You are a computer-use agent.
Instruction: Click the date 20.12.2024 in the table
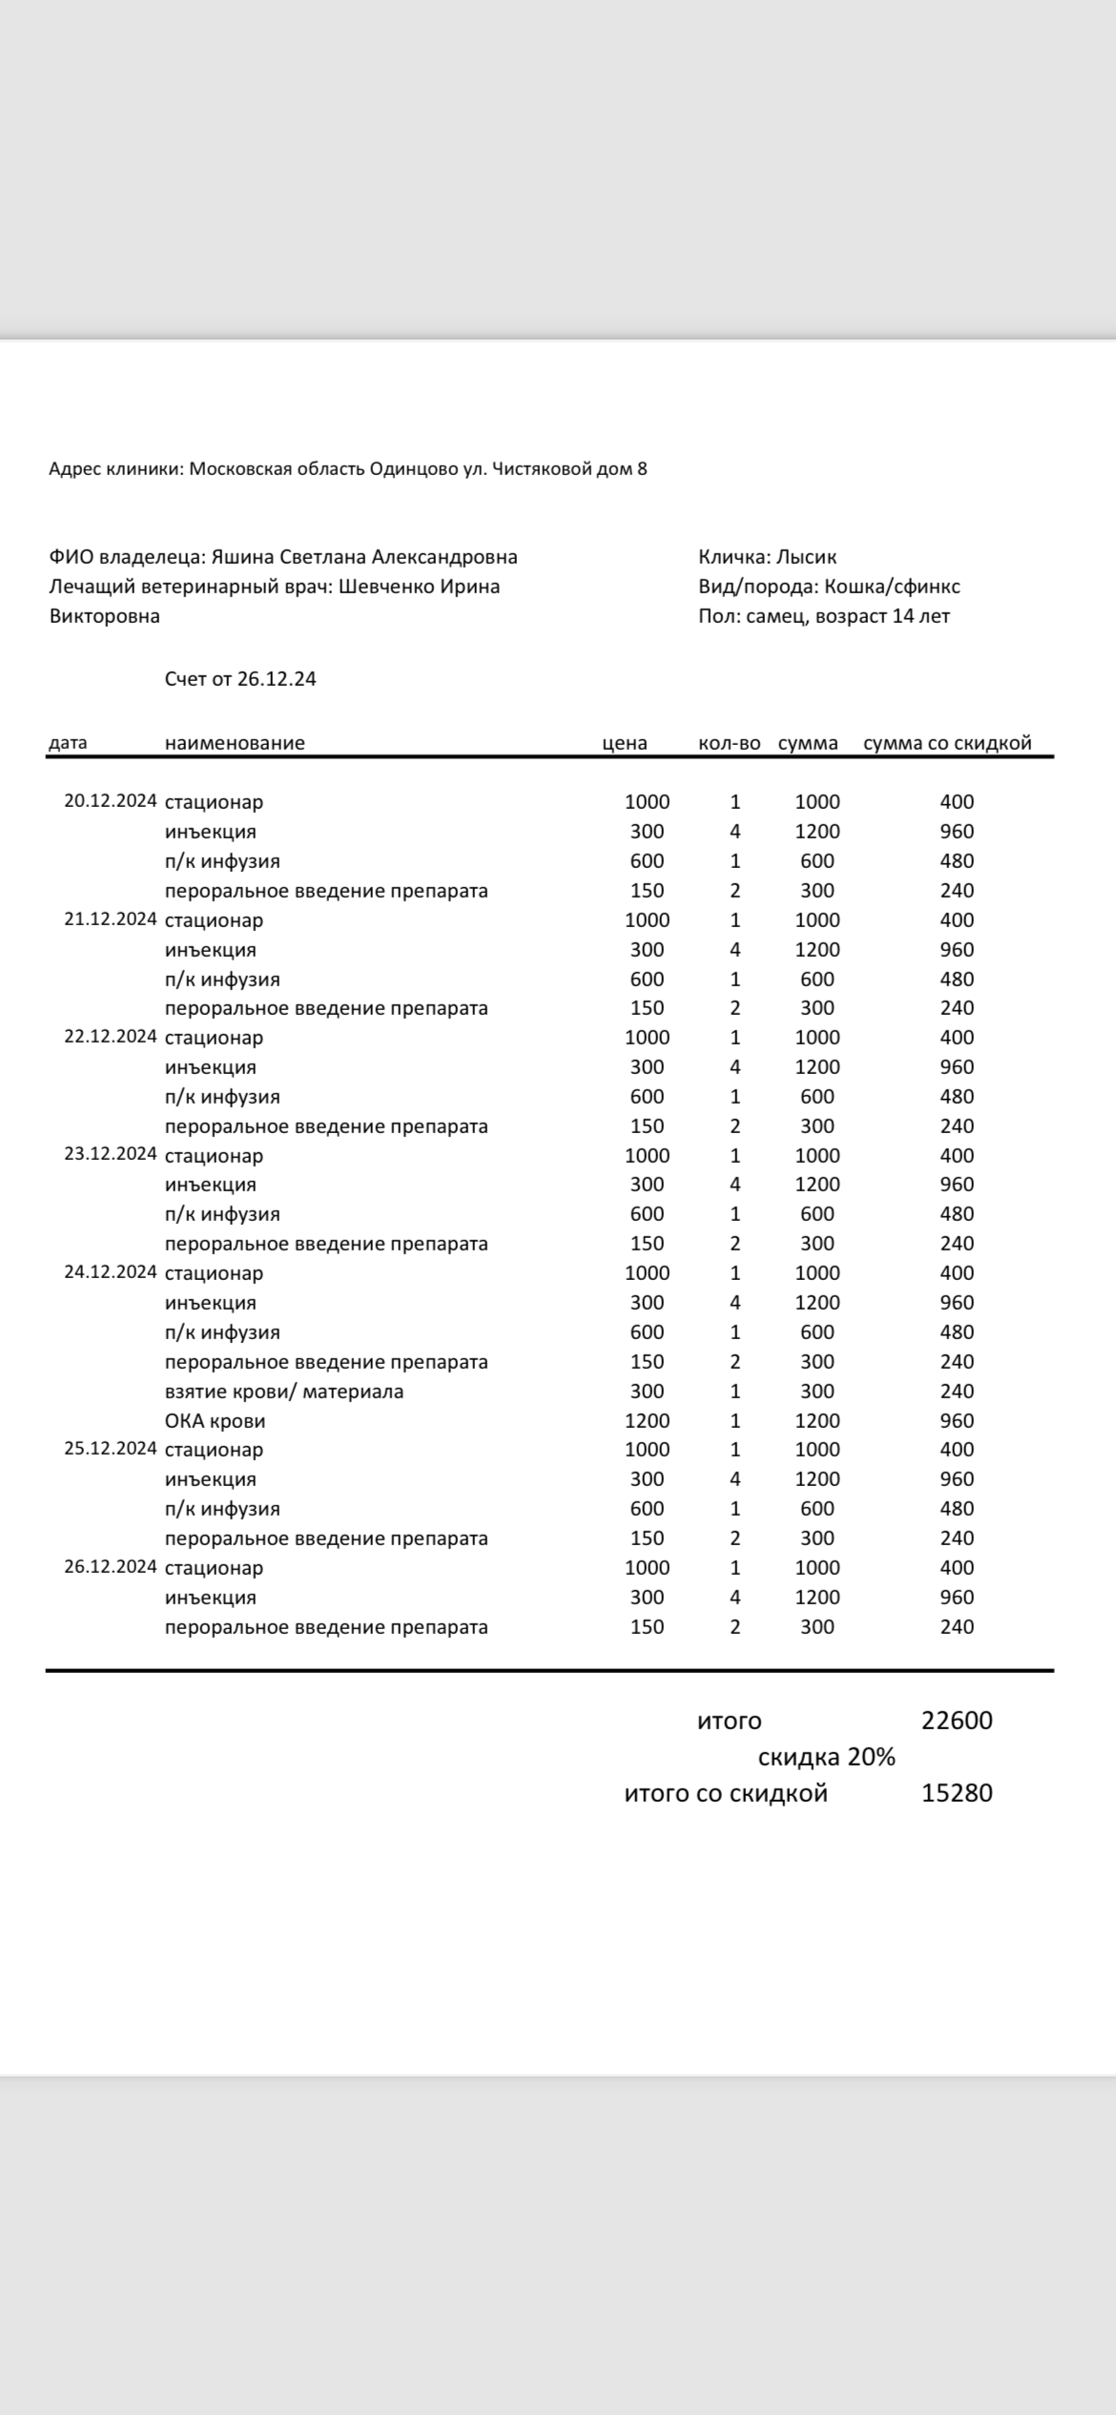pos(110,801)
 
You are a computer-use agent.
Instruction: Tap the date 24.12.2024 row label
pos(110,1272)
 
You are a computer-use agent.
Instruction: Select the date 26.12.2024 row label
pos(110,1567)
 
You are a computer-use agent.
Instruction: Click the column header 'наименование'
pos(235,743)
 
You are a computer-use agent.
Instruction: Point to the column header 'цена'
pos(625,743)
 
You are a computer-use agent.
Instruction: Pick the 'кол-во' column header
pos(729,743)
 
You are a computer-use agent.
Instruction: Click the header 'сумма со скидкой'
pos(947,743)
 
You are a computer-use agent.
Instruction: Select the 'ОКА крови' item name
pos(215,1420)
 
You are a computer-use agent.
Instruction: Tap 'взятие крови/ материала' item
pos(284,1391)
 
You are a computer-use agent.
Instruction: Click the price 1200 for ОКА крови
pos(647,1420)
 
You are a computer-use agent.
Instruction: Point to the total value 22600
pos(957,1721)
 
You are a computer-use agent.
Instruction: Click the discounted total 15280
pos(957,1793)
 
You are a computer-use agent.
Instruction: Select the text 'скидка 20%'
pos(826,1757)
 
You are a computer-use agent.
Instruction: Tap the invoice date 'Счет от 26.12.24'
pos(240,679)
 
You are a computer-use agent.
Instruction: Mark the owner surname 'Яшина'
pos(241,557)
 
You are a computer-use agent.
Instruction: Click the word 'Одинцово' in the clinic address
pos(413,468)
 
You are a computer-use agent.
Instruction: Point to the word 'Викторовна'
pos(105,616)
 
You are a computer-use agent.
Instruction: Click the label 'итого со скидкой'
pos(726,1793)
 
